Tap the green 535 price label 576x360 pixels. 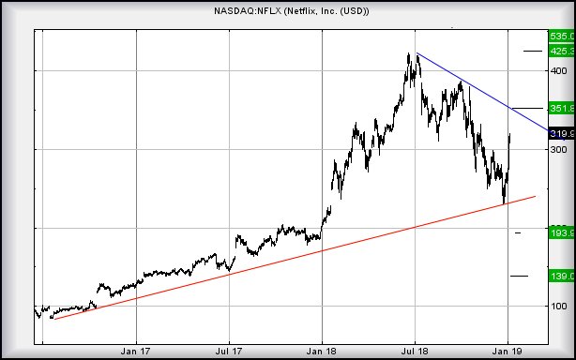pyautogui.click(x=561, y=36)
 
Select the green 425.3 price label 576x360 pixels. pyautogui.click(x=561, y=51)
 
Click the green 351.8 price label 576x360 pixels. pyautogui.click(x=561, y=108)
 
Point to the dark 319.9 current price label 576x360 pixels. pyautogui.click(x=561, y=133)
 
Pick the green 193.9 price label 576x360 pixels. pyautogui.click(x=561, y=232)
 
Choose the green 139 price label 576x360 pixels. pyautogui.click(x=561, y=276)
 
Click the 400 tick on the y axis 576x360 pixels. pyautogui.click(x=559, y=70)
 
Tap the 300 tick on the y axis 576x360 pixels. pyautogui.click(x=559, y=149)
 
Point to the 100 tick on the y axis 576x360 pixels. pyautogui.click(x=559, y=306)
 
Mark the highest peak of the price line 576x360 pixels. pyautogui.click(x=408, y=54)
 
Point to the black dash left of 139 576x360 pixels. pyautogui.click(x=519, y=276)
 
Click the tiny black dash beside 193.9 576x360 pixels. pyautogui.click(x=518, y=232)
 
